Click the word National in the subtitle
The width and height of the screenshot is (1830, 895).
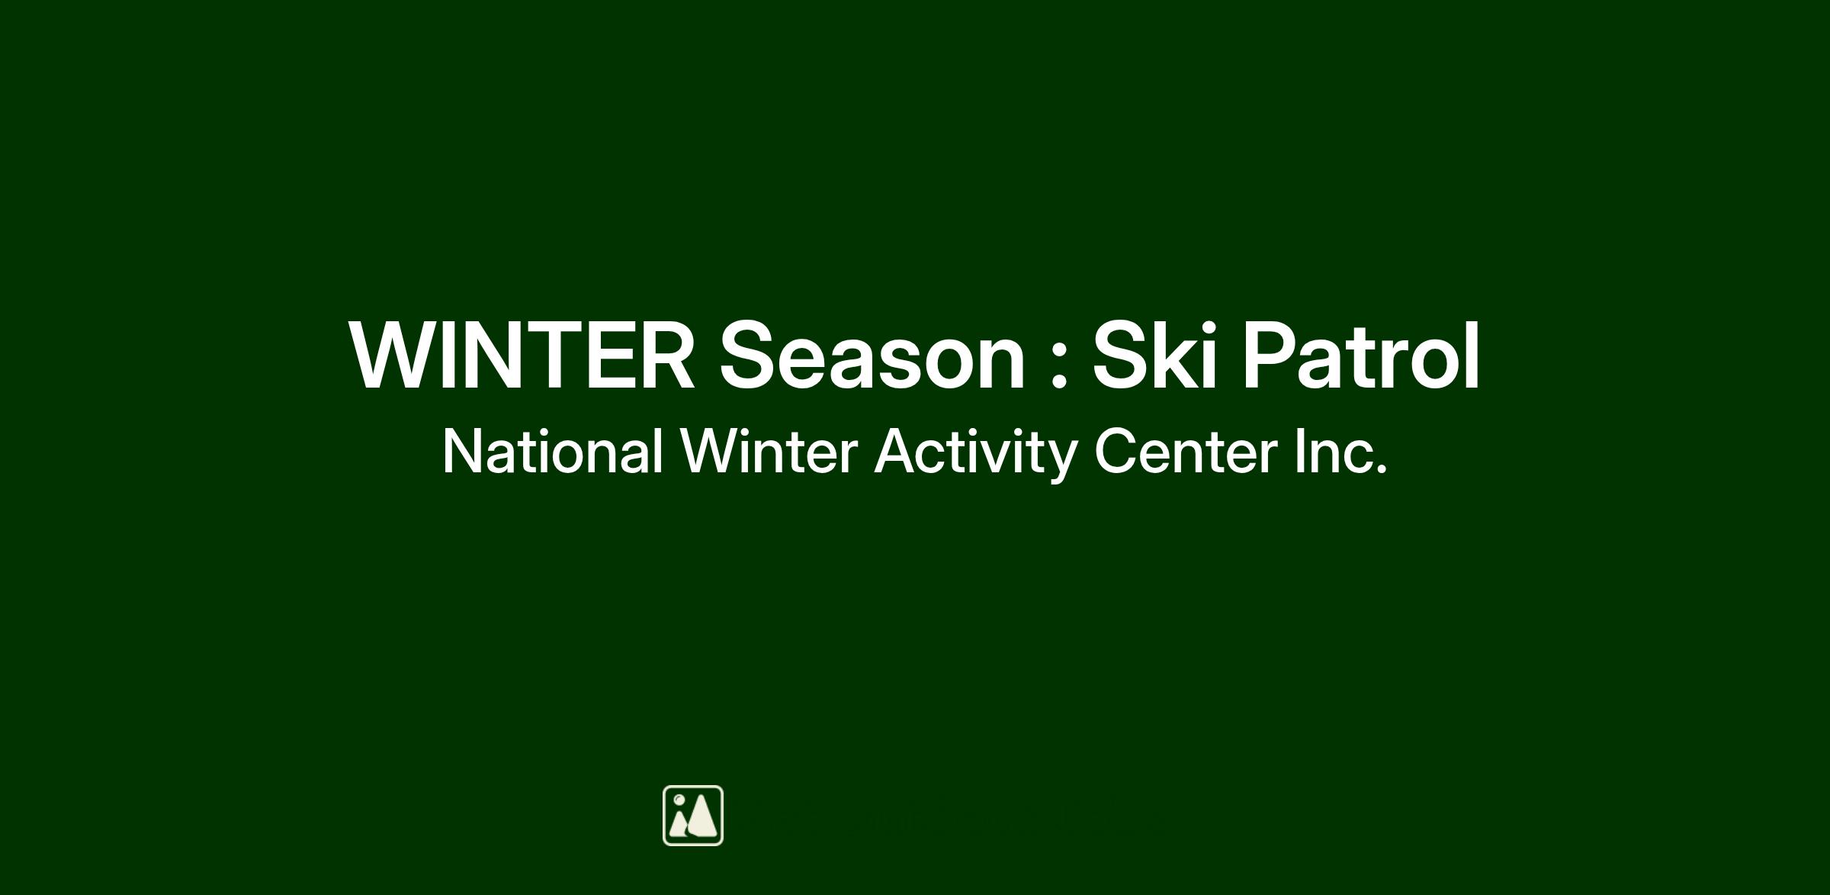(x=552, y=452)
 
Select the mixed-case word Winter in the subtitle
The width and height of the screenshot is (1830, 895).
(x=769, y=452)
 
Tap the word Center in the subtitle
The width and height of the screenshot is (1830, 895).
(x=1186, y=452)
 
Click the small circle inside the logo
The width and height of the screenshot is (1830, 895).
(x=679, y=800)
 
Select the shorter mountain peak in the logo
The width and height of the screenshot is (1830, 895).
(x=679, y=824)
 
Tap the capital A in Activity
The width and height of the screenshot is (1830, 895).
(x=896, y=452)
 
